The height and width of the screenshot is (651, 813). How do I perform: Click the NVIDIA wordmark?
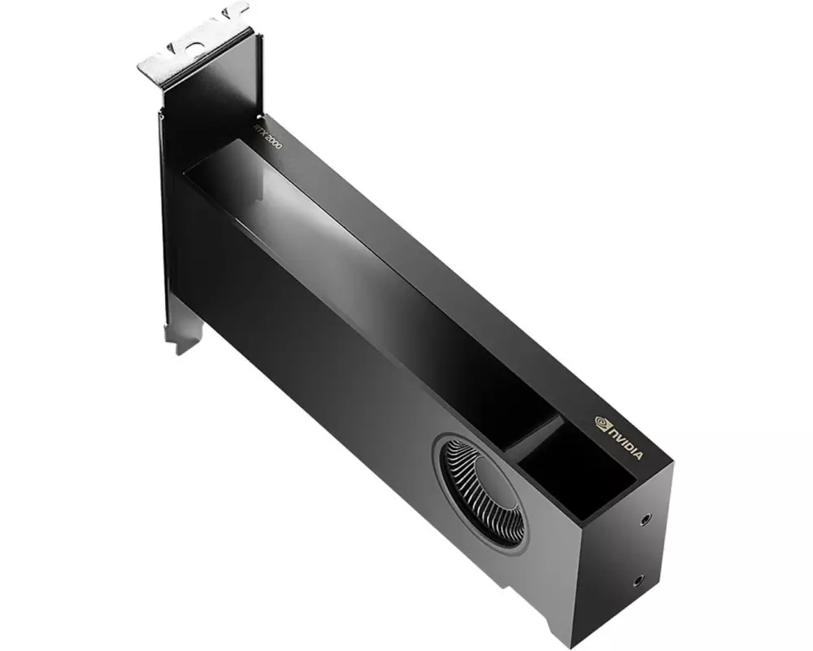[626, 439]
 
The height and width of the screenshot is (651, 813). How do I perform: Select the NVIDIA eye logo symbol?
[602, 422]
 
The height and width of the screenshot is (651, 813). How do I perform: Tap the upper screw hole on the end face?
[646, 518]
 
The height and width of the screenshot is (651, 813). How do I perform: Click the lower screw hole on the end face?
[637, 580]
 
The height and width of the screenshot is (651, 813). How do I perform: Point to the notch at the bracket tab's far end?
[237, 10]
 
